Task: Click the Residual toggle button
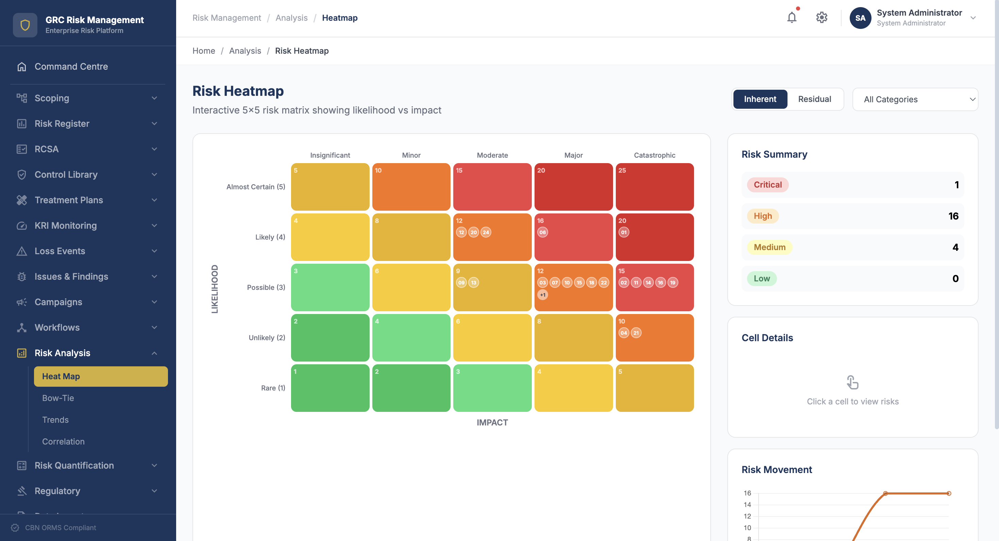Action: pyautogui.click(x=814, y=99)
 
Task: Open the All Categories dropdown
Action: pyautogui.click(x=915, y=100)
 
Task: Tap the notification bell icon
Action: pyautogui.click(x=792, y=18)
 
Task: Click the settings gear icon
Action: pyautogui.click(x=822, y=18)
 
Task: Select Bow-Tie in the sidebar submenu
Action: pyautogui.click(x=58, y=398)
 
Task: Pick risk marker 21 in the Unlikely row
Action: pyautogui.click(x=636, y=333)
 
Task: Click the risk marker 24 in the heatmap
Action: pyautogui.click(x=486, y=232)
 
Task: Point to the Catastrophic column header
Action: pyautogui.click(x=654, y=155)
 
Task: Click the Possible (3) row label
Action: pyautogui.click(x=266, y=287)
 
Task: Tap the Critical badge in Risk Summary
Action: pyautogui.click(x=767, y=185)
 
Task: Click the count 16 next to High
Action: pyautogui.click(x=953, y=216)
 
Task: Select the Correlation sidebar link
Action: pyautogui.click(x=63, y=441)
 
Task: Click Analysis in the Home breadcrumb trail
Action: pyautogui.click(x=245, y=51)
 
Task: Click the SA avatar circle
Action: pyautogui.click(x=860, y=18)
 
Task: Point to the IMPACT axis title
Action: pyautogui.click(x=492, y=422)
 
